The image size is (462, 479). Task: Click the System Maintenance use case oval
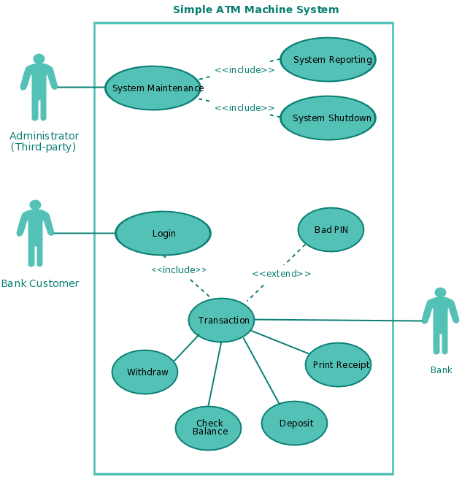153,88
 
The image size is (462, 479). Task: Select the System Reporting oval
328,60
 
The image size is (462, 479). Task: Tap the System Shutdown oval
328,118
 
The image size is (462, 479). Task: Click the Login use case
163,234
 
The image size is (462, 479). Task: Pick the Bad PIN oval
331,230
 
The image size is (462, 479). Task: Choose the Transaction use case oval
221,320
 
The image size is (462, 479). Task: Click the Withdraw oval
145,372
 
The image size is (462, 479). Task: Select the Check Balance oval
208,428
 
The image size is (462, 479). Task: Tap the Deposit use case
294,424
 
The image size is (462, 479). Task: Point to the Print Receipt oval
338,364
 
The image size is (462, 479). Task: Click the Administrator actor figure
39,88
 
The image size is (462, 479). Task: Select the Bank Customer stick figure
35,233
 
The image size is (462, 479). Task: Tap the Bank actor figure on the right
440,321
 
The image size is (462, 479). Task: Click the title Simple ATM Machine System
255,9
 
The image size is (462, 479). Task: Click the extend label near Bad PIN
281,274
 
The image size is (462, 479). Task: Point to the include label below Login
179,269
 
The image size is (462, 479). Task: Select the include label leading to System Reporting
245,70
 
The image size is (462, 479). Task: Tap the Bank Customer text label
40,283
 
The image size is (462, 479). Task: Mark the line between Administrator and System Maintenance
80,88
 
